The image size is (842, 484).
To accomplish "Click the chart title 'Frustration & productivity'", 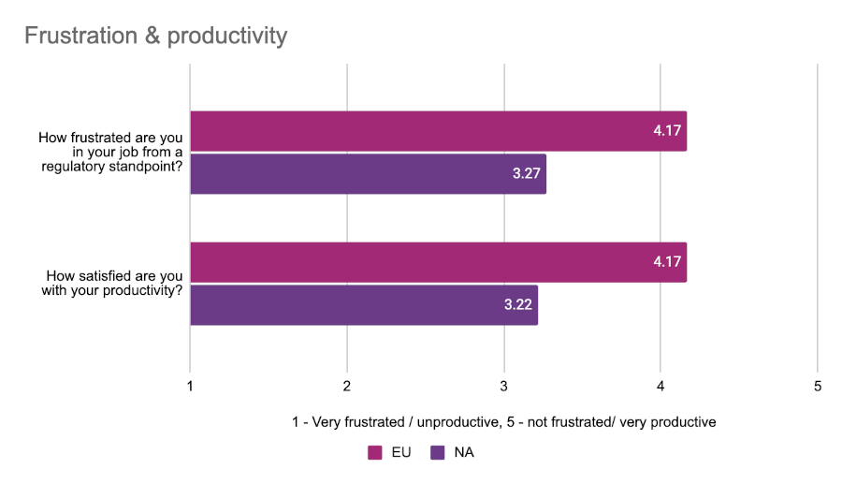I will tap(155, 37).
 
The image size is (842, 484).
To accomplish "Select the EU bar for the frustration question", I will tap(438, 131).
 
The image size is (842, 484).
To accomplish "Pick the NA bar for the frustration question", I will tap(368, 174).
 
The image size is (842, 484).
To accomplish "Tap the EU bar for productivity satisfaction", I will tap(438, 262).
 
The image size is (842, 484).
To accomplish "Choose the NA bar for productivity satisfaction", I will tap(364, 305).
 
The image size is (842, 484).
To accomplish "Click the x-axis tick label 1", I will tap(191, 387).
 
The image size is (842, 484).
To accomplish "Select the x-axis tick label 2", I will tap(347, 387).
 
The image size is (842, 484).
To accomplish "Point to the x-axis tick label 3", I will tap(504, 387).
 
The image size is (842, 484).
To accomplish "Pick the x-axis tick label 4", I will tap(661, 387).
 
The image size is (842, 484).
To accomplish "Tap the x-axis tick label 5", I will tap(818, 387).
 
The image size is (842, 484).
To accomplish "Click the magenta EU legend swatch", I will tap(375, 452).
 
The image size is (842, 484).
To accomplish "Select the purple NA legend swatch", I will tap(437, 452).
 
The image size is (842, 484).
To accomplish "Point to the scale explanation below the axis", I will tap(503, 422).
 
